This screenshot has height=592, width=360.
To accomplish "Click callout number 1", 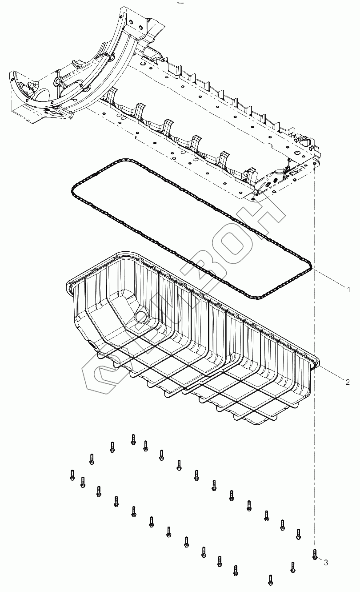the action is click(349, 290).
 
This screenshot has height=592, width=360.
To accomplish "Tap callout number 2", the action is click(348, 382).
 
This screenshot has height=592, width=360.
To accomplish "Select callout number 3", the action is click(326, 563).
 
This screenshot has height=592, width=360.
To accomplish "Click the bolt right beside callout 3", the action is click(315, 554).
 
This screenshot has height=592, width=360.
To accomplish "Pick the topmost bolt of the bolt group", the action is click(133, 439).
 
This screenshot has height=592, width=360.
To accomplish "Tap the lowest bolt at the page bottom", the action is click(270, 580).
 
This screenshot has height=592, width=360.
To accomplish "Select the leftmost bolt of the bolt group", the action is click(72, 475).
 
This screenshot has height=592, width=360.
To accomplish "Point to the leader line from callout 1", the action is click(329, 279).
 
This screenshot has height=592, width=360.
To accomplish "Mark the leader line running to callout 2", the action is click(331, 373).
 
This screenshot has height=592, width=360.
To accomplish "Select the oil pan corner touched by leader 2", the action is click(316, 364).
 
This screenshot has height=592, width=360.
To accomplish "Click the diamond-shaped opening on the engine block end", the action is click(269, 183).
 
